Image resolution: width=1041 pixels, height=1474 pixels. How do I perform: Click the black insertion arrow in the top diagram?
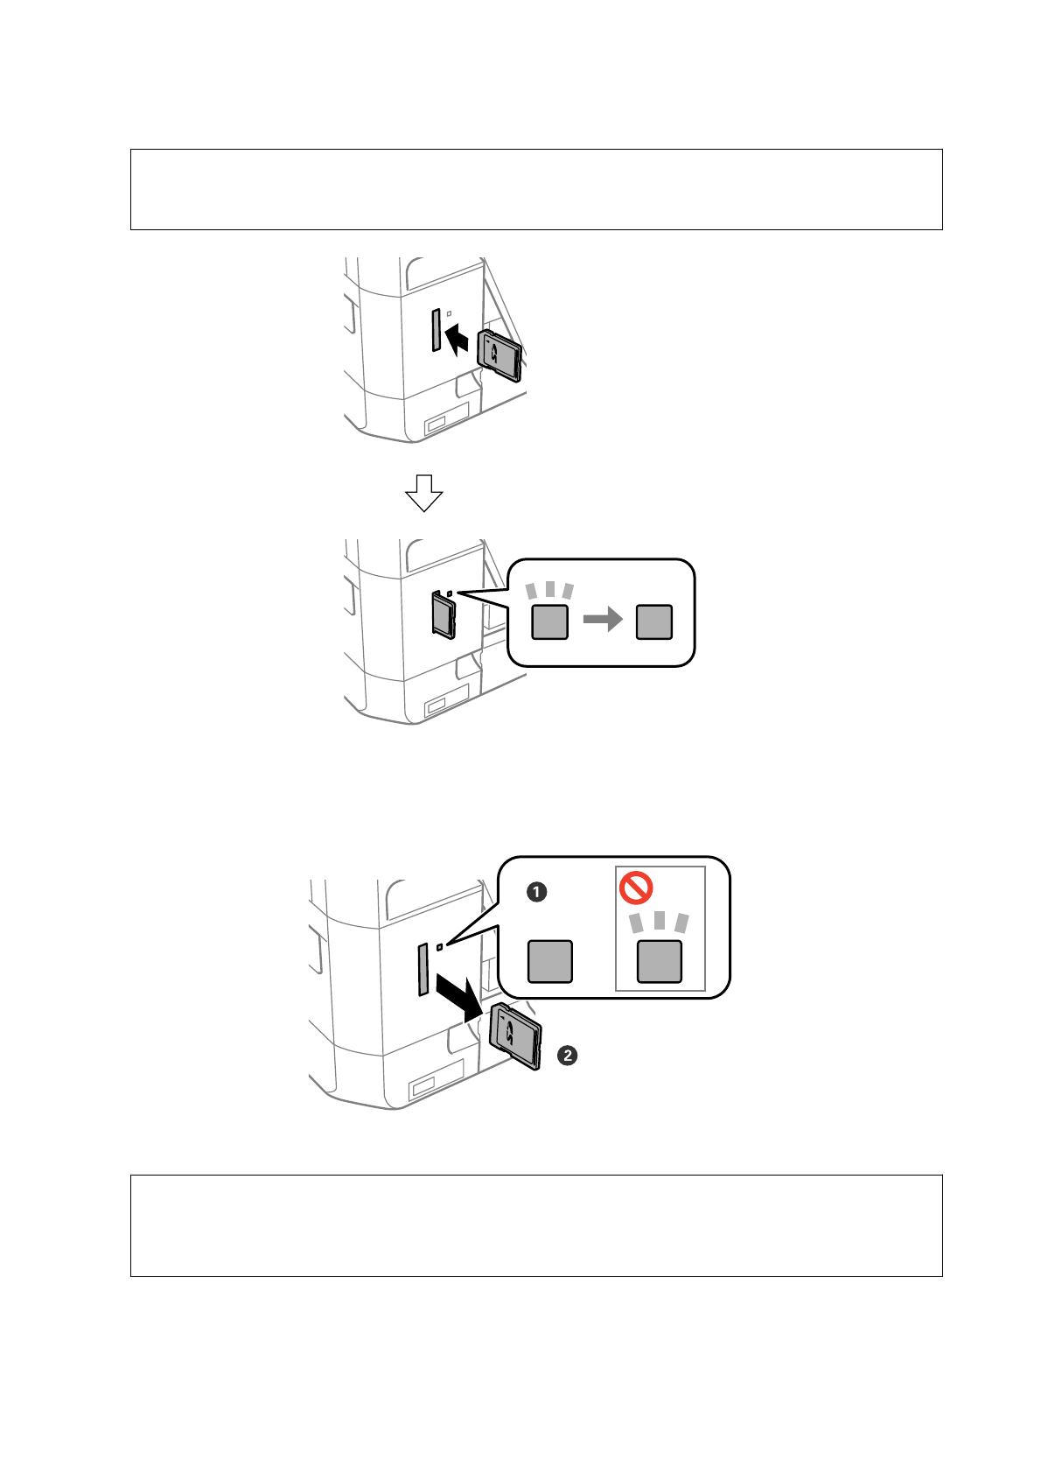pos(458,339)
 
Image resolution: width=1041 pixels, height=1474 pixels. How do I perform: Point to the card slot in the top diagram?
pos(435,330)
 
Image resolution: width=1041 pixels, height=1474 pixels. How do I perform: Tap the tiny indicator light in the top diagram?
pos(449,312)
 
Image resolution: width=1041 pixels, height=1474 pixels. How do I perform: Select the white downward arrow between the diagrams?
pos(424,493)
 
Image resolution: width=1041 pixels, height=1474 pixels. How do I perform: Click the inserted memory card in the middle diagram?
pos(444,614)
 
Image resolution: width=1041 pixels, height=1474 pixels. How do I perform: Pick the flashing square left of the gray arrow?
pos(550,621)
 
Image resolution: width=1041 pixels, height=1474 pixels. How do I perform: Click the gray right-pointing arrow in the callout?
pos(602,620)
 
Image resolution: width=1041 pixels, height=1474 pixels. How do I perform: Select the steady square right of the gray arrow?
pos(654,621)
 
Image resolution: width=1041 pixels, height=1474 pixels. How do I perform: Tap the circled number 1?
pos(537,892)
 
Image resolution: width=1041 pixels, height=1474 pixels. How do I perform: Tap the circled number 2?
pos(568,1055)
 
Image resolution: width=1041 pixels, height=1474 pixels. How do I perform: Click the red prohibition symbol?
pos(636,888)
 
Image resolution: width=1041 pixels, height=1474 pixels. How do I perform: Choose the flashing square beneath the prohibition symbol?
pos(660,961)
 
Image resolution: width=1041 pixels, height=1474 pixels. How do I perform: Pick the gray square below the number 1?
pos(550,961)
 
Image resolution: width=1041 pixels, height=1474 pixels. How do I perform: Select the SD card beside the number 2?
pos(516,1035)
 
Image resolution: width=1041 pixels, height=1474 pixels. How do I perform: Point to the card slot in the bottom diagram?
pos(423,969)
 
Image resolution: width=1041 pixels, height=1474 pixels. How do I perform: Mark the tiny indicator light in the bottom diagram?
pos(439,946)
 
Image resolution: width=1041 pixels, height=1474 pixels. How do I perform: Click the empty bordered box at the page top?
pos(536,189)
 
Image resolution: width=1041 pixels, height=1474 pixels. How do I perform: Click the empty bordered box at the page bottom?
pos(536,1225)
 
